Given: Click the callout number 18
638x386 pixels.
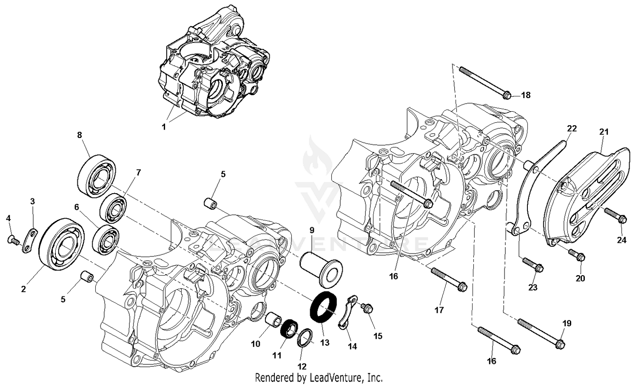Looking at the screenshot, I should click(x=526, y=95).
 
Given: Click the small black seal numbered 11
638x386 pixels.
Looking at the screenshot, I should click(x=290, y=329).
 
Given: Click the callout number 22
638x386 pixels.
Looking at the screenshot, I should click(x=572, y=129).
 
